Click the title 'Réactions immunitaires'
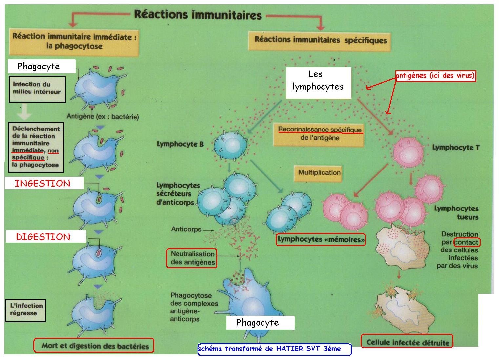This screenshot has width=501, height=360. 198,15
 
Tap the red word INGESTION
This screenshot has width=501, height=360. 43,183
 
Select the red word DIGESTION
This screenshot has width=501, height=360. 43,237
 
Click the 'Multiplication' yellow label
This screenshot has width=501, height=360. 319,173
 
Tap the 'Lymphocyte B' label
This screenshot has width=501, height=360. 180,144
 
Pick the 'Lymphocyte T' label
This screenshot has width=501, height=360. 456,148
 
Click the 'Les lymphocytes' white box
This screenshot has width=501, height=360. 318,81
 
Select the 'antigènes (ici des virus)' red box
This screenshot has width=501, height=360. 435,76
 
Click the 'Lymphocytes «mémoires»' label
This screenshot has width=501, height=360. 321,239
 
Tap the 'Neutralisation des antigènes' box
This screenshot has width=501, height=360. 192,258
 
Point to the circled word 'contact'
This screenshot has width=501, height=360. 467,242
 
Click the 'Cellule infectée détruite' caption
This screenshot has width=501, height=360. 407,342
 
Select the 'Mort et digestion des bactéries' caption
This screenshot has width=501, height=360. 94,346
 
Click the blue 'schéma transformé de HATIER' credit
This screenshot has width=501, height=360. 274,349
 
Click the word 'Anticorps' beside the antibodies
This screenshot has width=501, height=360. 186,229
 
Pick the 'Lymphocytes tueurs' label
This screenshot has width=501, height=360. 456,213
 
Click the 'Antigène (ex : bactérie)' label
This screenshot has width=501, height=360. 103,116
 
